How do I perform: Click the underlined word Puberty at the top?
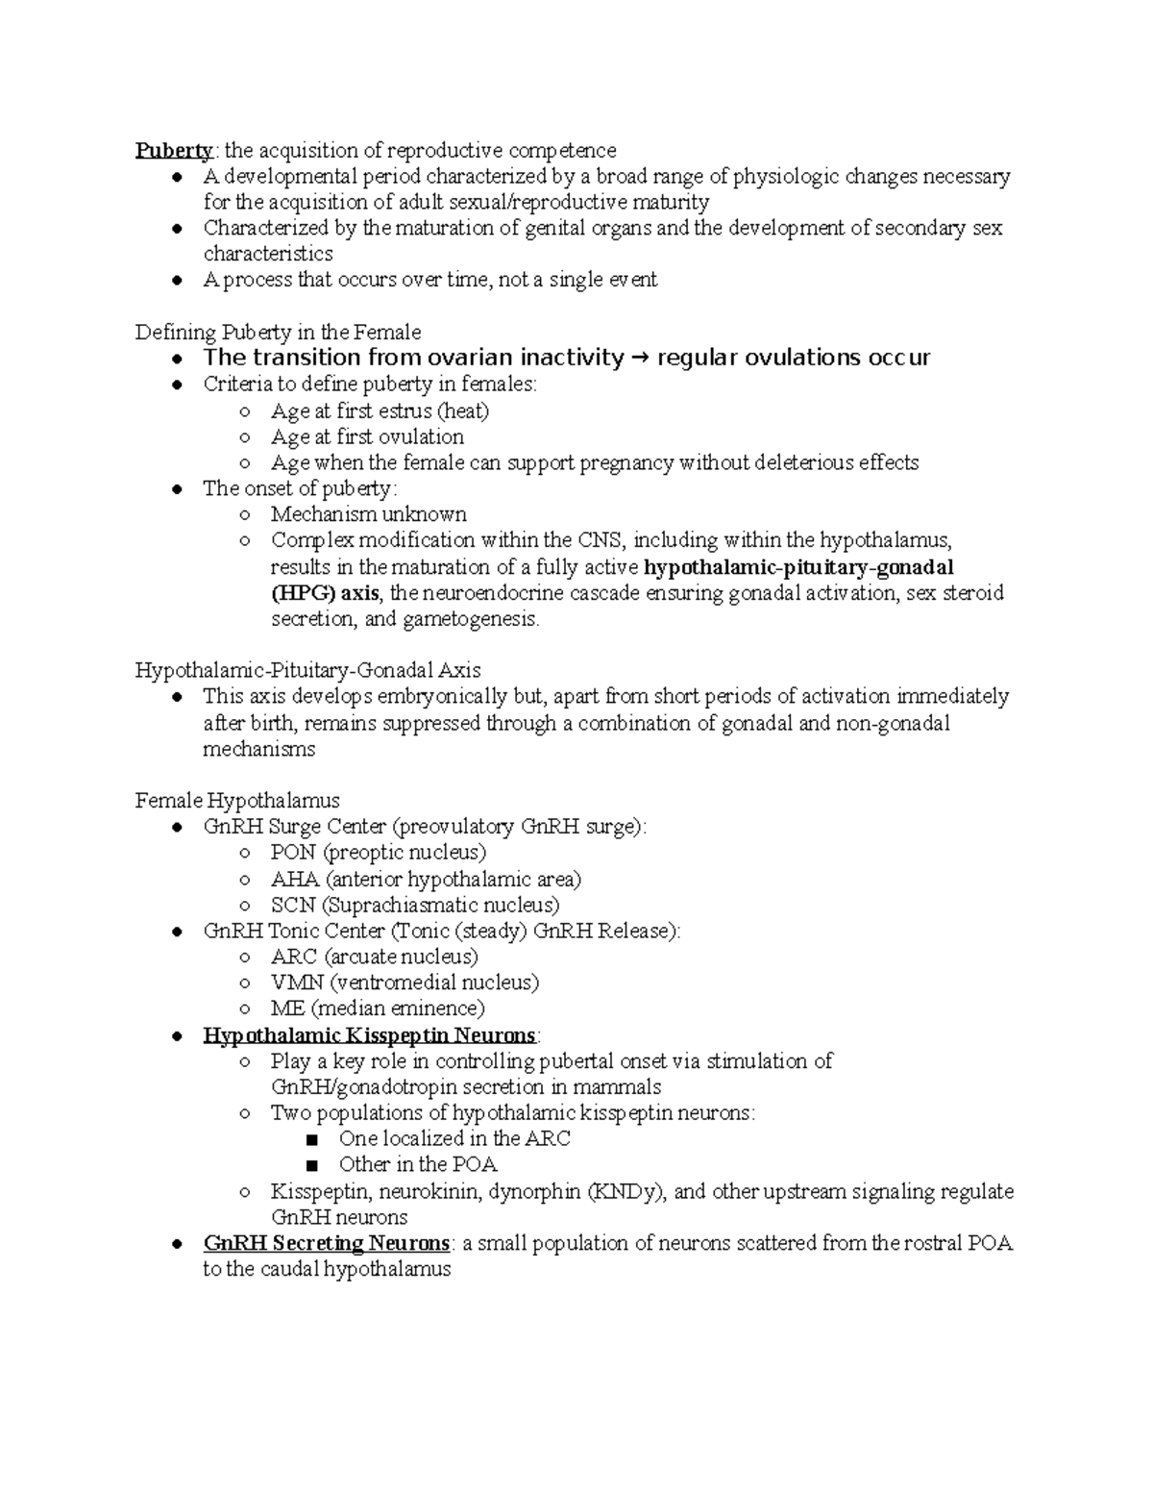tap(174, 151)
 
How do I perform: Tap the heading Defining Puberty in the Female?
tap(278, 333)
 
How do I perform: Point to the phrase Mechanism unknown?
tap(368, 514)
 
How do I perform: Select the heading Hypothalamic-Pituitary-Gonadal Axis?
tap(307, 670)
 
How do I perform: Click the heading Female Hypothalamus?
tap(237, 800)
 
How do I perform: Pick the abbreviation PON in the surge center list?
tap(293, 853)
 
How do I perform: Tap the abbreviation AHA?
tap(295, 879)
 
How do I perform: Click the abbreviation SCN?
tap(292, 905)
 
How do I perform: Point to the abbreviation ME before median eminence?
tap(287, 1008)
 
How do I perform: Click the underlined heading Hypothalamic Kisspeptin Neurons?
tap(369, 1035)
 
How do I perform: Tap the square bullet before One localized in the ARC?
tap(309, 1140)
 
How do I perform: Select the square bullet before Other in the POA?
tap(309, 1166)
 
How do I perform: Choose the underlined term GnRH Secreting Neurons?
tap(326, 1244)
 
